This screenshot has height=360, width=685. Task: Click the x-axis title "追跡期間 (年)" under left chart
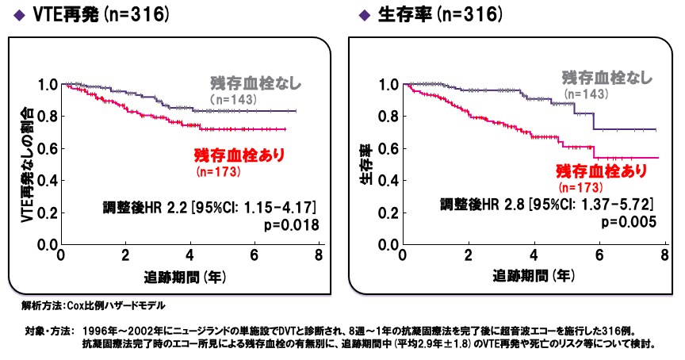tap(184, 277)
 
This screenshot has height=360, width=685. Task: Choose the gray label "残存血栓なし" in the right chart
tap(608, 78)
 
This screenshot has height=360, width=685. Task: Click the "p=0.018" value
tap(291, 225)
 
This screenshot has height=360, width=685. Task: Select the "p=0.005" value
tap(630, 223)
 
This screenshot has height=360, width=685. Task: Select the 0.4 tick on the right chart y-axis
tap(388, 181)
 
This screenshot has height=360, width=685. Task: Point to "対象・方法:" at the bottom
tap(48, 330)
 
